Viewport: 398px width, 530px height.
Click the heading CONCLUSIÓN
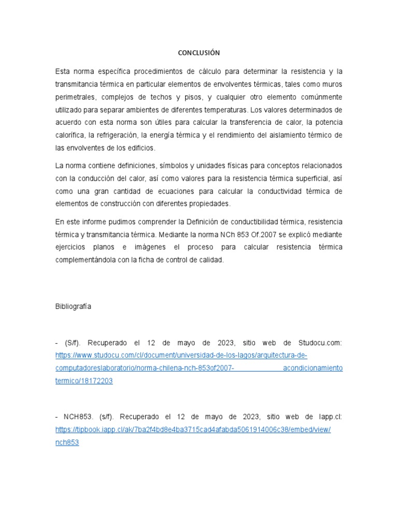click(199, 53)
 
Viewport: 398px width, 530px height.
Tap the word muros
click(332, 84)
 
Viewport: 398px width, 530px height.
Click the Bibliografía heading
click(73, 306)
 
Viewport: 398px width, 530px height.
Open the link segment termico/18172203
click(84, 381)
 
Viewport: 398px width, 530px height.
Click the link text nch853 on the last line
click(67, 443)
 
